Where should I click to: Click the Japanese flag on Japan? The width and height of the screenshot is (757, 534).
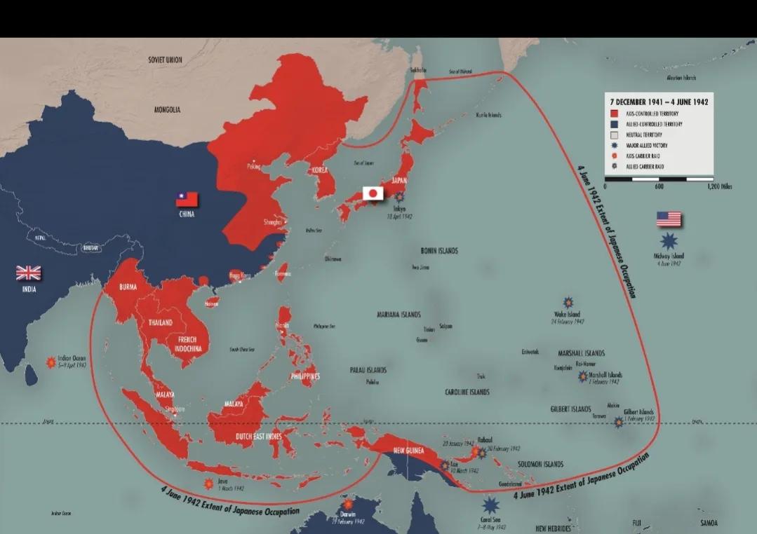tap(373, 193)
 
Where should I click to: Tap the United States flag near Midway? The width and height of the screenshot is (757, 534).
tap(669, 219)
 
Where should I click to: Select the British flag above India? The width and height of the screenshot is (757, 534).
tap(29, 273)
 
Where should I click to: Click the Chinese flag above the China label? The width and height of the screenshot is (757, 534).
tap(187, 199)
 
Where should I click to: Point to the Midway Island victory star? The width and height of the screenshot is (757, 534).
tap(669, 241)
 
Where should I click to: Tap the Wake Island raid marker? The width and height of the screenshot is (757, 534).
tap(568, 303)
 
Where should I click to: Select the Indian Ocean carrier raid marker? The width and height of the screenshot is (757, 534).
tap(51, 362)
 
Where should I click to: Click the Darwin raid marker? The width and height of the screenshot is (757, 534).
tap(347, 504)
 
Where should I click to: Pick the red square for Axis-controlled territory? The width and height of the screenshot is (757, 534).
tap(613, 113)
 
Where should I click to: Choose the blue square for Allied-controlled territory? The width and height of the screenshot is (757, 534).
tap(613, 124)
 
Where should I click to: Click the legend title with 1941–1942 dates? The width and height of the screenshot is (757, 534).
tap(658, 102)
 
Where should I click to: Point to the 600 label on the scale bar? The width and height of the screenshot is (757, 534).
tap(659, 186)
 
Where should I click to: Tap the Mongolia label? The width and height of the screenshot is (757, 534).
tap(168, 110)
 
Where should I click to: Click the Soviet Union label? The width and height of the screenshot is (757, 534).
tap(165, 60)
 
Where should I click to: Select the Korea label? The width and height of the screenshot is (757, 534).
tap(319, 170)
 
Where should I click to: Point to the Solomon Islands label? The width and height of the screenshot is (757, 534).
tap(540, 465)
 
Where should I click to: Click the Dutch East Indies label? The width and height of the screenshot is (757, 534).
tap(258, 437)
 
